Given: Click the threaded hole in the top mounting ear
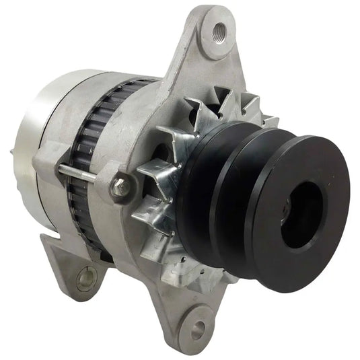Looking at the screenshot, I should pos(220,30).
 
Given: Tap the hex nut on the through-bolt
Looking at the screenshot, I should pos(121,186).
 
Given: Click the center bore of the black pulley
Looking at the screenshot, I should pos(300,213).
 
